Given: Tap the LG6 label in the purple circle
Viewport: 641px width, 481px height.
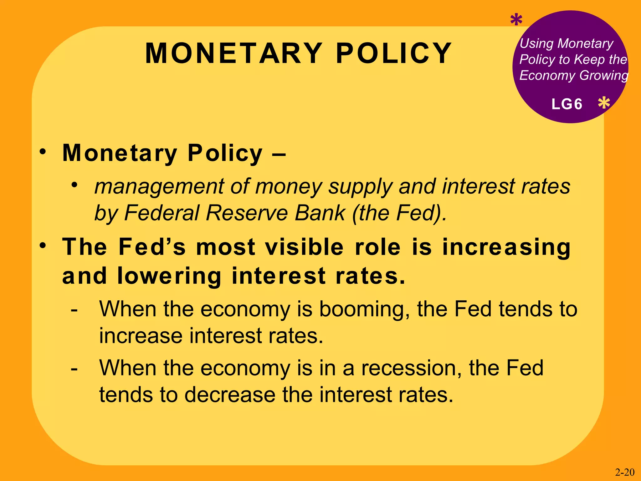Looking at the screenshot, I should (567, 104).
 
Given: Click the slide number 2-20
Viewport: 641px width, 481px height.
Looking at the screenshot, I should (625, 472).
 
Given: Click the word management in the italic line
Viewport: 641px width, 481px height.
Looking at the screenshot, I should (160, 187).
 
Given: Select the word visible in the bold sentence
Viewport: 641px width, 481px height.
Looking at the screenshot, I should (304, 247).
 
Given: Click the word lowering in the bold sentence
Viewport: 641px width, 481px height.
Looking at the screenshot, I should (169, 276).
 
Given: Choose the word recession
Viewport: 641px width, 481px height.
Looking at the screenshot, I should (411, 368).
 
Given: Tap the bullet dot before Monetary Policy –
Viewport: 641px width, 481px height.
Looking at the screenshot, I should (43, 152).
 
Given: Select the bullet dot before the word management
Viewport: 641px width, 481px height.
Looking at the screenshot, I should (74, 185).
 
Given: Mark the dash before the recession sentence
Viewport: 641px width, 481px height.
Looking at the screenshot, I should (74, 368).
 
